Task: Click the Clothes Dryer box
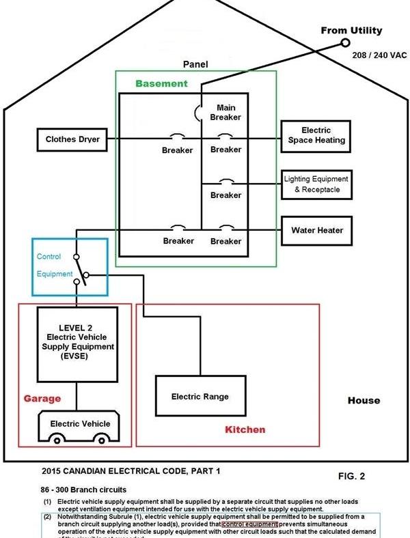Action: click(x=72, y=139)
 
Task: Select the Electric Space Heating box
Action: click(x=316, y=135)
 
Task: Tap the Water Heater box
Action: click(x=316, y=230)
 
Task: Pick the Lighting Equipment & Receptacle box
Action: click(x=316, y=184)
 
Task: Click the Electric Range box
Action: click(x=200, y=397)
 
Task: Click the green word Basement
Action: click(x=161, y=84)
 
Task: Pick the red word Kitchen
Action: click(x=245, y=430)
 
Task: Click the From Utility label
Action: click(x=351, y=31)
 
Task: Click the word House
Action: click(x=364, y=400)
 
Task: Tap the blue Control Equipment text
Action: click(x=55, y=266)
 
